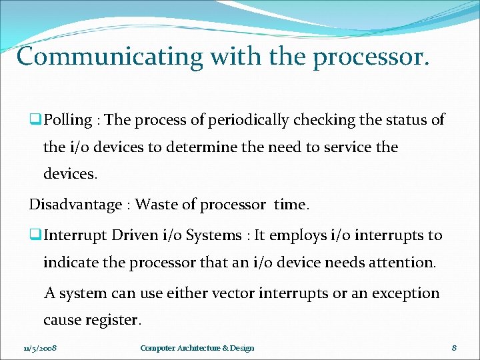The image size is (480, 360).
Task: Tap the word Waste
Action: tap(157, 205)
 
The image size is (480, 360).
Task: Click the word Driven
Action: tap(136, 235)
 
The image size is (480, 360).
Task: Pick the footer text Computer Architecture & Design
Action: tap(197, 348)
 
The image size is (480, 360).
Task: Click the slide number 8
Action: tap(454, 348)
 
